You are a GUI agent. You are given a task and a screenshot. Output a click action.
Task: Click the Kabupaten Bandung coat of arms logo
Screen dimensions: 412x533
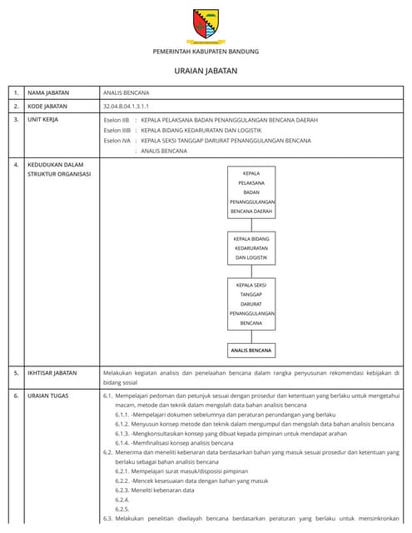click(206, 25)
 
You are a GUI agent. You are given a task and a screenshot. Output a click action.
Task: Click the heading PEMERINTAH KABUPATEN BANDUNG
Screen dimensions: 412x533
click(206, 52)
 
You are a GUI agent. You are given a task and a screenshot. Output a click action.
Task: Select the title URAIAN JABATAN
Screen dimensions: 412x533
click(206, 72)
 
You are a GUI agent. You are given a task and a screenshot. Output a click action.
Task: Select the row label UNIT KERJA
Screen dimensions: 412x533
click(45, 121)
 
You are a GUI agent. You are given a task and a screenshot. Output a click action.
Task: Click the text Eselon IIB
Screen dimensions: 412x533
click(117, 121)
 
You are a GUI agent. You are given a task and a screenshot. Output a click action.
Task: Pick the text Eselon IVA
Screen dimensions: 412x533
click(117, 141)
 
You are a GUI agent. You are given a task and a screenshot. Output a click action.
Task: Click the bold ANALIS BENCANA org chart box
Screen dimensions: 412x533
click(251, 351)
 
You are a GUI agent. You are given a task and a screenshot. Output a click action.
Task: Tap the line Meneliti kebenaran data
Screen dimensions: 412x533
click(166, 490)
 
